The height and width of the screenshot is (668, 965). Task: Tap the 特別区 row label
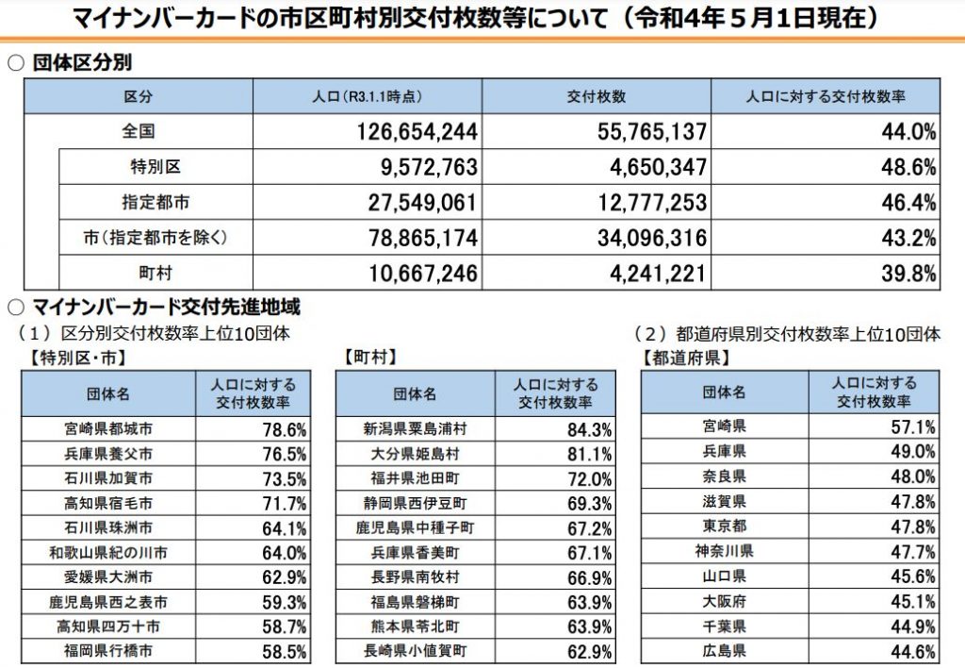pyautogui.click(x=155, y=167)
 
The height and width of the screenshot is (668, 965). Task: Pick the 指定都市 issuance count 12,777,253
pyautogui.click(x=638, y=203)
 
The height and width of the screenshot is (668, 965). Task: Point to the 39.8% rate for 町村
pyautogui.click(x=908, y=274)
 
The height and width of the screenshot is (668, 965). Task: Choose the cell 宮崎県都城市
pyautogui.click(x=108, y=428)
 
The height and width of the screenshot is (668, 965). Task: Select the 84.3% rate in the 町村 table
pyautogui.click(x=590, y=429)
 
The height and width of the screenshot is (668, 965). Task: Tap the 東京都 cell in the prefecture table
pyautogui.click(x=726, y=526)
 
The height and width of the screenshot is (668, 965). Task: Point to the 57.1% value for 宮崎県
pyautogui.click(x=912, y=426)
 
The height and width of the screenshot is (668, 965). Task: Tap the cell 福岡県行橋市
pyautogui.click(x=108, y=650)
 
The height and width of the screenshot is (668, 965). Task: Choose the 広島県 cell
pyautogui.click(x=726, y=650)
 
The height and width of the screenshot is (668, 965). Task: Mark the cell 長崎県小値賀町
pyautogui.click(x=415, y=650)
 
